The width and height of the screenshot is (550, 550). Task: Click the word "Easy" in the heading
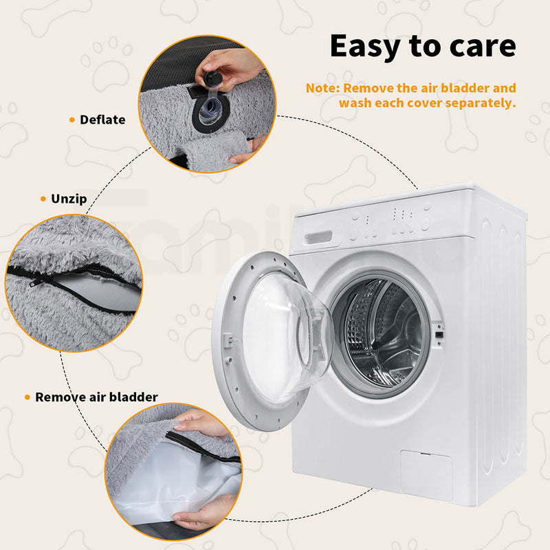[366, 47]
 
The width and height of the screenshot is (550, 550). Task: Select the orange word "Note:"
[322, 88]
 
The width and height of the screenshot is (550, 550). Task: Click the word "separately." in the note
[481, 104]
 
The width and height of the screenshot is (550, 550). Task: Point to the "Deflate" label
[102, 120]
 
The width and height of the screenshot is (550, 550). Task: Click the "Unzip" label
[69, 199]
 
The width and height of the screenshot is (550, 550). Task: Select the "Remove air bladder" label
[96, 397]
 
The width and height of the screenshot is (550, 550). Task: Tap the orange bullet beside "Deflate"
[72, 120]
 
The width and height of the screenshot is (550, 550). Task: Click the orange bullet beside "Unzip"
[43, 199]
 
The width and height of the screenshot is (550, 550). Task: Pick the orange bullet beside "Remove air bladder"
[27, 397]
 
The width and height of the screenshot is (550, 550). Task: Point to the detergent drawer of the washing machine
[318, 237]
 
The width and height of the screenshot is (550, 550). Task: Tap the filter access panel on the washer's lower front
[426, 476]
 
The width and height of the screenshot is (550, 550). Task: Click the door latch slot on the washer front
[439, 334]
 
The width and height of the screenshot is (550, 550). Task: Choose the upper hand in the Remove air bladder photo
[201, 423]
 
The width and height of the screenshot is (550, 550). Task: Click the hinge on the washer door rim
[229, 340]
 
